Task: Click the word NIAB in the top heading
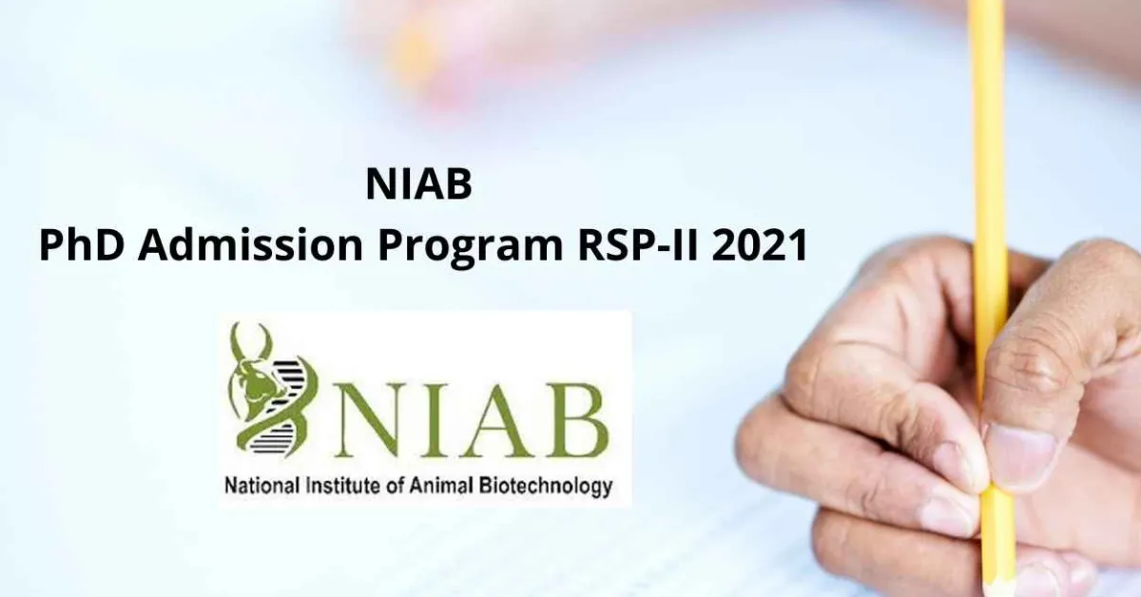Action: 418,186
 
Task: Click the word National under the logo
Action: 259,488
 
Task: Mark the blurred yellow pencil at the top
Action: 416,52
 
